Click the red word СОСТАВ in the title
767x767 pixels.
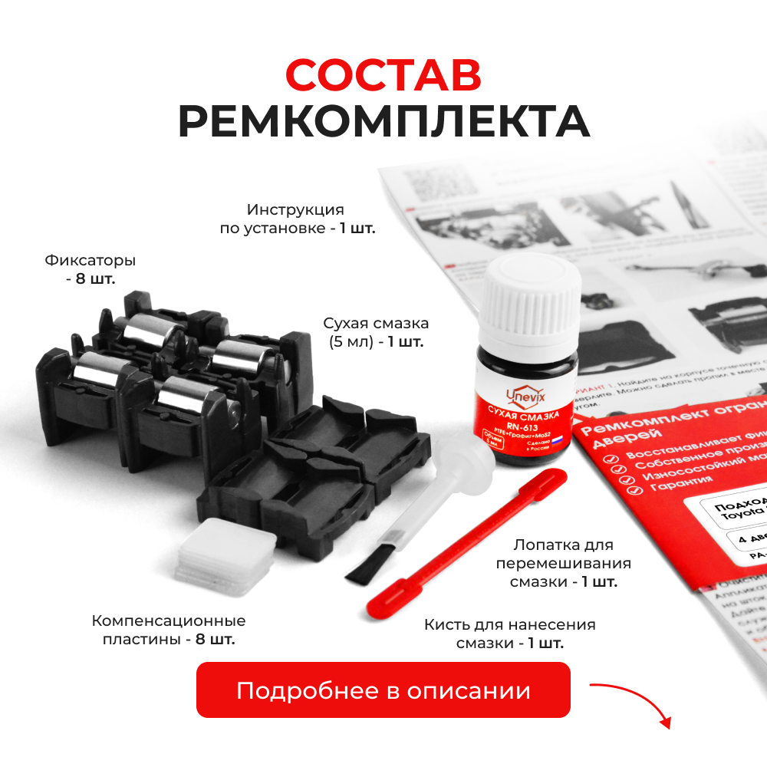point(383,74)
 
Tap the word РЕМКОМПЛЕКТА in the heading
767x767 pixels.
point(383,120)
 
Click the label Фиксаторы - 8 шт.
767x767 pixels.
point(91,269)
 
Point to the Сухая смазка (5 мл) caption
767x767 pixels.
point(376,331)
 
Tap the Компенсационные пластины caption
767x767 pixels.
point(169,630)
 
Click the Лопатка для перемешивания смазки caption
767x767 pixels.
point(564,563)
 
